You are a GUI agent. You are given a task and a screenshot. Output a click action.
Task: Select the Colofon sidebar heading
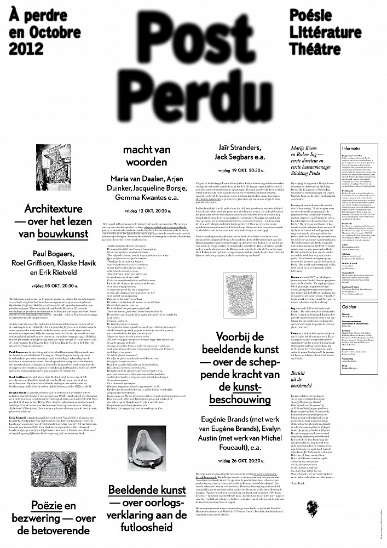(x=350, y=312)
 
